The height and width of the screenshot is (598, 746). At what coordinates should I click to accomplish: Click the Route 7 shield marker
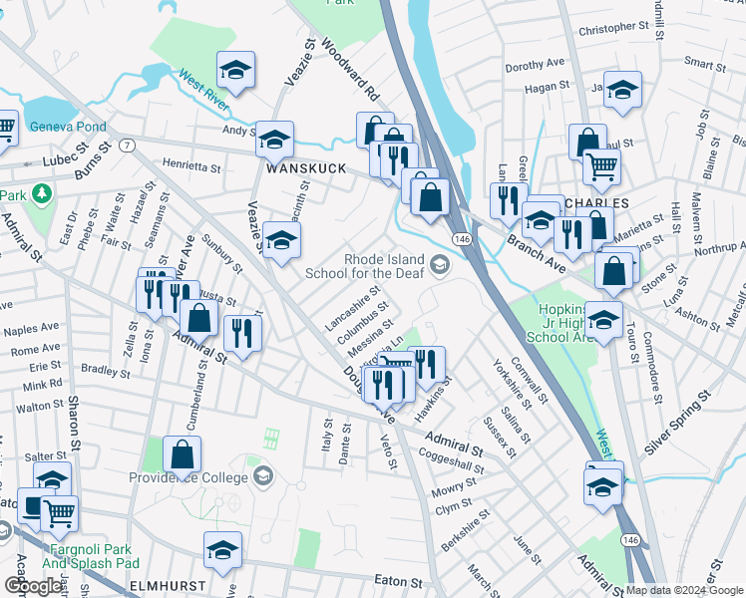127,146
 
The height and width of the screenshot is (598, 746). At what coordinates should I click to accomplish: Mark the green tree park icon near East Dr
42,190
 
